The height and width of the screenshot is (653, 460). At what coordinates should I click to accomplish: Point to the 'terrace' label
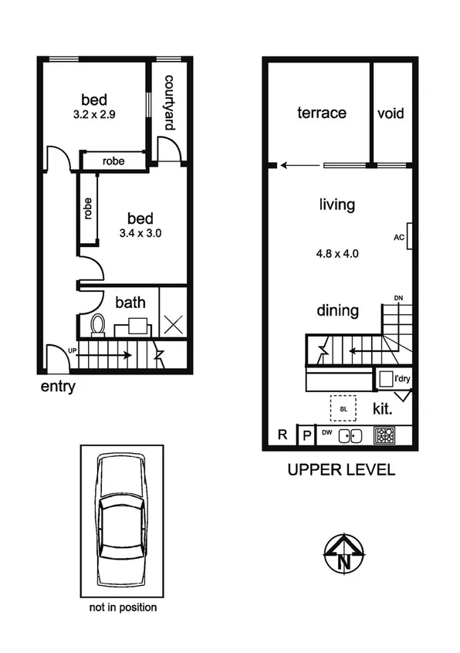point(322,113)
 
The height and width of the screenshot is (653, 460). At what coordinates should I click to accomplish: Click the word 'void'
point(391,113)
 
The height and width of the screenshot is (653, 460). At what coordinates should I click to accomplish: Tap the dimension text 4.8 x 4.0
point(338,252)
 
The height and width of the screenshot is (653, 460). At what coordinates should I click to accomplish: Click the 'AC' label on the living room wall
point(399,237)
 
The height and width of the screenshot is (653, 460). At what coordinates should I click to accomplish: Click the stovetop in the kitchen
point(384,435)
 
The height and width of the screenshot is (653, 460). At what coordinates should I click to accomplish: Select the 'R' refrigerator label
point(282,435)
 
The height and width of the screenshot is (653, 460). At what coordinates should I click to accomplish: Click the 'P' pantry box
point(306,435)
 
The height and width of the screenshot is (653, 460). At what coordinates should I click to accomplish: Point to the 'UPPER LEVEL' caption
point(340,469)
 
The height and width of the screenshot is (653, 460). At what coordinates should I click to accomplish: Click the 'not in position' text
point(123,607)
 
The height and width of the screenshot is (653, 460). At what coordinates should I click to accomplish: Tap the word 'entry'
point(58,386)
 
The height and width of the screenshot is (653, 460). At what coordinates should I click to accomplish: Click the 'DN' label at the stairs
point(398,297)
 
